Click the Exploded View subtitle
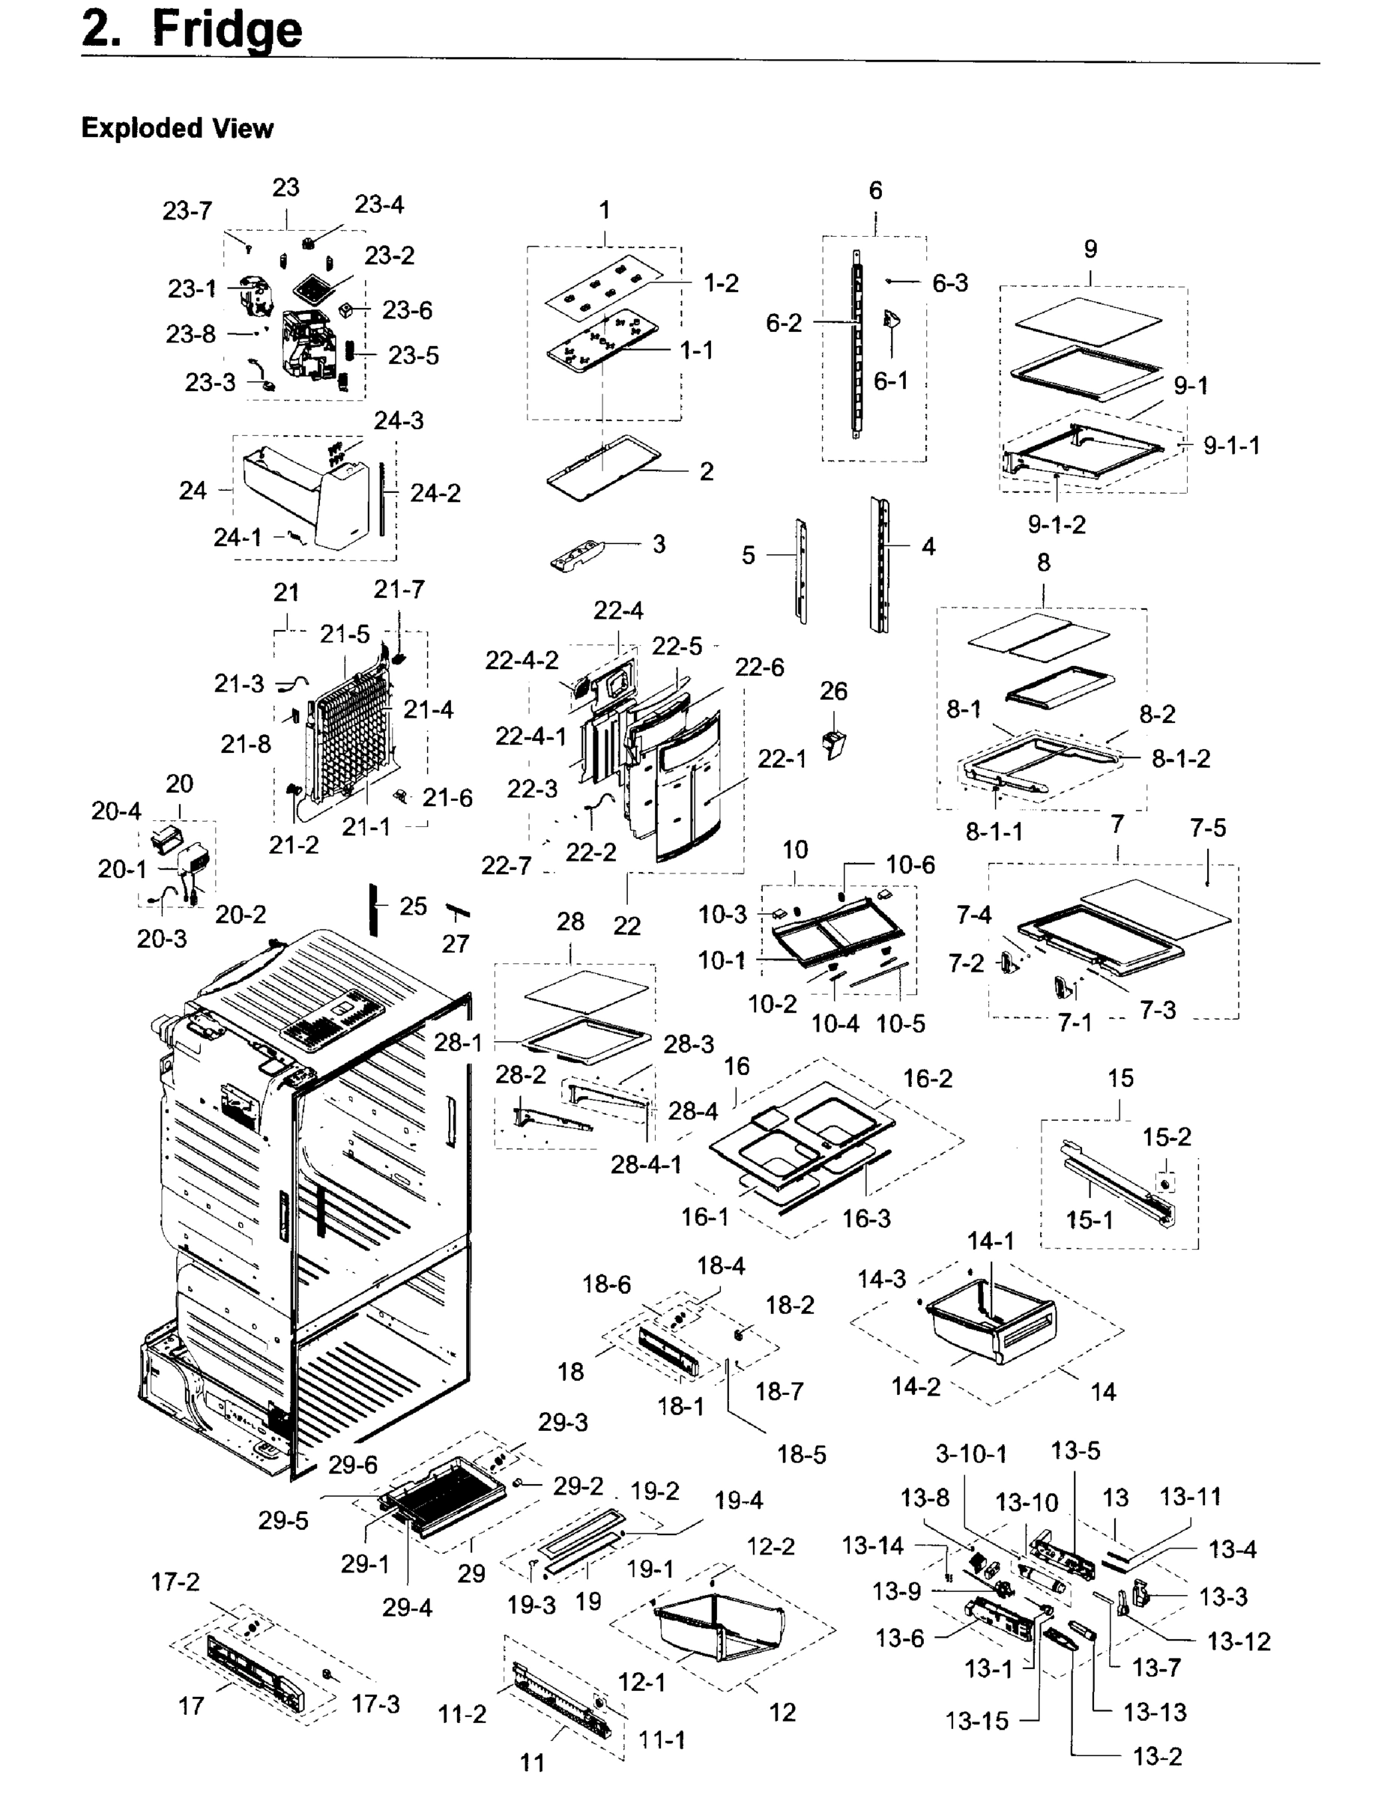click(177, 128)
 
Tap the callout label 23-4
click(378, 205)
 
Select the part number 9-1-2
click(1057, 524)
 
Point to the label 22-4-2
click(522, 660)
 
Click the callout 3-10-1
click(970, 1454)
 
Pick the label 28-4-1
click(645, 1164)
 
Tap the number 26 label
click(833, 691)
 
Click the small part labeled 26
click(835, 743)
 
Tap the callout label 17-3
click(375, 1704)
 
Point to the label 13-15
click(976, 1721)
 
